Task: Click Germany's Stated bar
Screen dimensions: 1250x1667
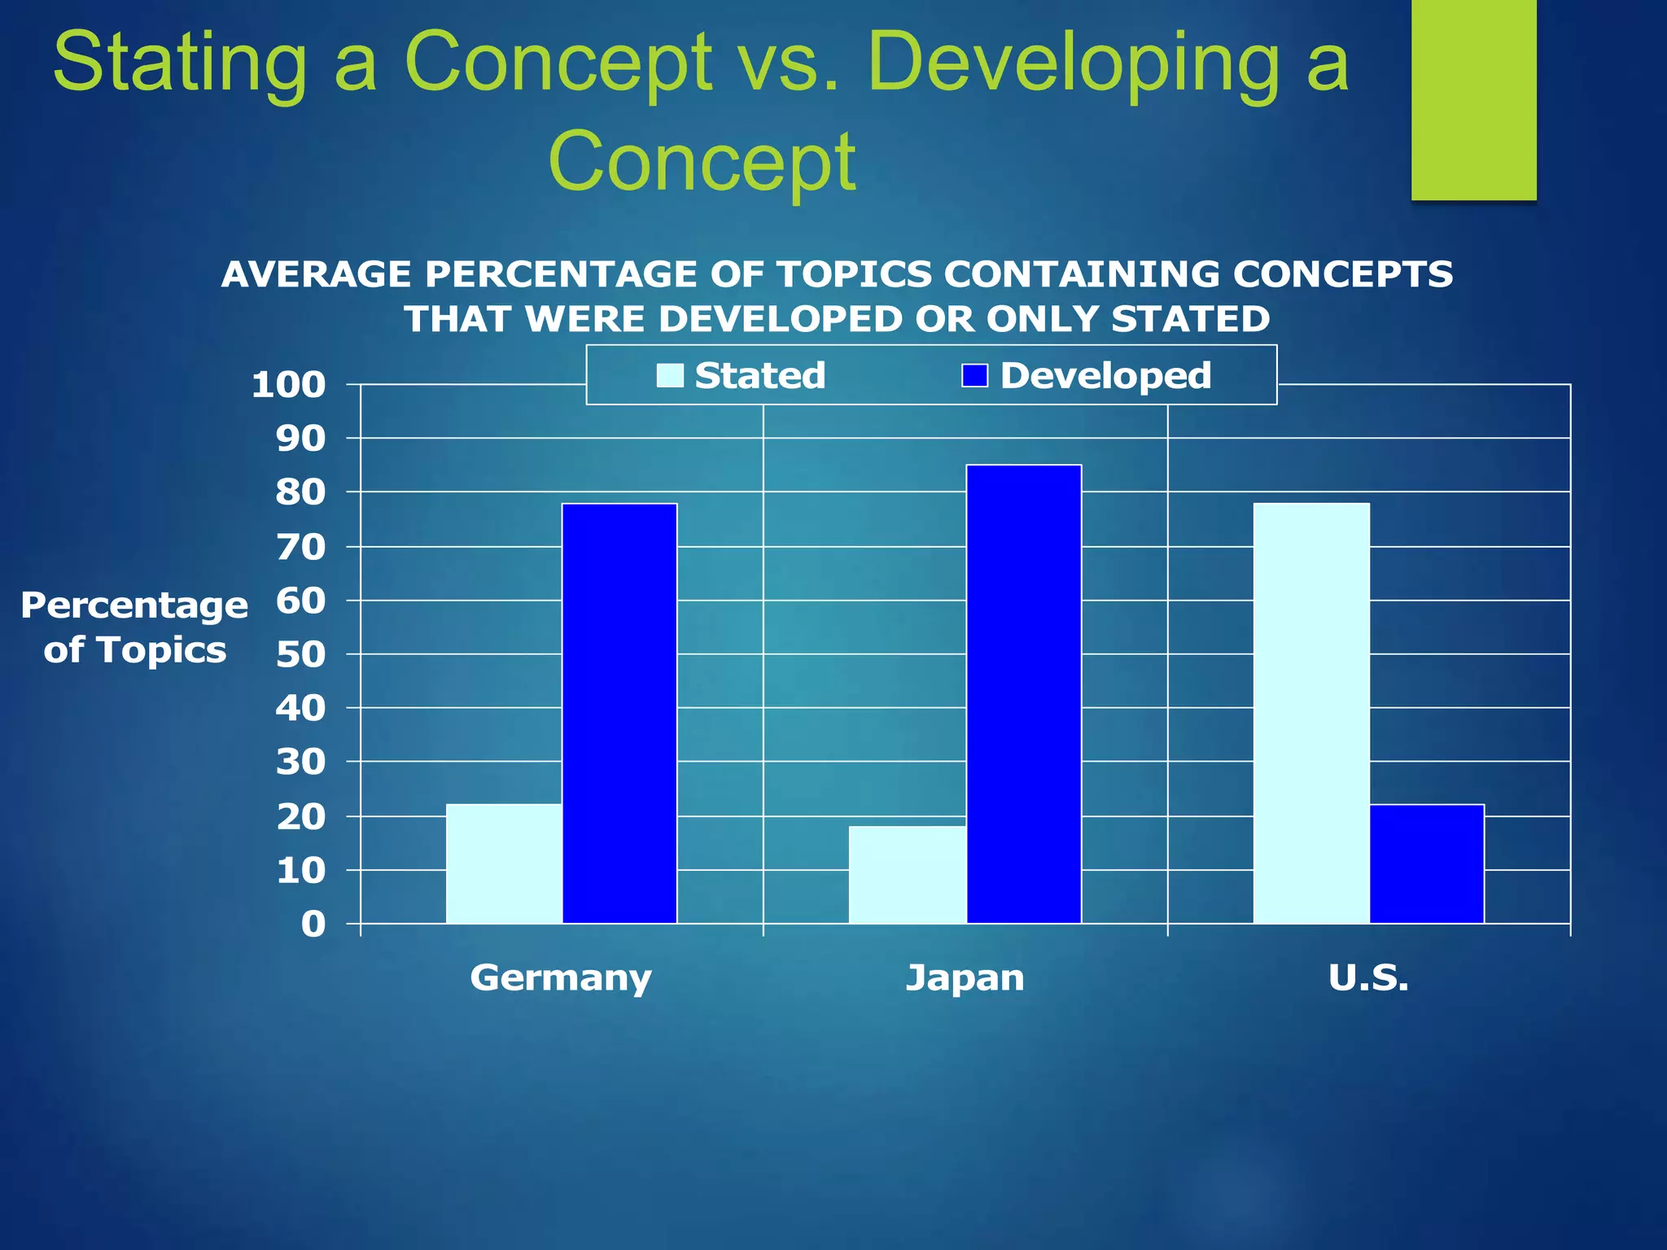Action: click(504, 863)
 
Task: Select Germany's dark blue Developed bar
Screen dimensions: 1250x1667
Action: click(619, 713)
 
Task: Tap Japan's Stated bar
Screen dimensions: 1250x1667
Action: click(908, 875)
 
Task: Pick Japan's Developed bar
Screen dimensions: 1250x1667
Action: click(1024, 693)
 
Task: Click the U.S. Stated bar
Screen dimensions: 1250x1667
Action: click(1311, 713)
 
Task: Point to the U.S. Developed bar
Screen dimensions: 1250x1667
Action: click(1427, 863)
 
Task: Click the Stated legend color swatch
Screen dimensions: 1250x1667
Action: click(670, 375)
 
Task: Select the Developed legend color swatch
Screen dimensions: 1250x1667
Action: click(974, 375)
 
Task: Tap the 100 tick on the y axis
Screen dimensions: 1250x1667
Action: click(289, 385)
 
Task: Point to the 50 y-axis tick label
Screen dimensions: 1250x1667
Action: click(300, 654)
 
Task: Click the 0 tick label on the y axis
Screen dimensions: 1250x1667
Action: click(313, 924)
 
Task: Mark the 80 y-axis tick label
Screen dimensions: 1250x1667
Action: click(300, 492)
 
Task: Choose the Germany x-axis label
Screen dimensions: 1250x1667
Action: click(561, 977)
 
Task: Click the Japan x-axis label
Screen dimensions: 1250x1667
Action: click(965, 977)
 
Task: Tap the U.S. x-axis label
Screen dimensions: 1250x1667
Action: click(1368, 977)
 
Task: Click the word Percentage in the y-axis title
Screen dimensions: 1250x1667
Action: click(134, 605)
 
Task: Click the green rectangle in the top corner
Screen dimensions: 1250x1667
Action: click(1473, 99)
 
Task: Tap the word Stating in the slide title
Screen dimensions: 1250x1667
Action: click(180, 63)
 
